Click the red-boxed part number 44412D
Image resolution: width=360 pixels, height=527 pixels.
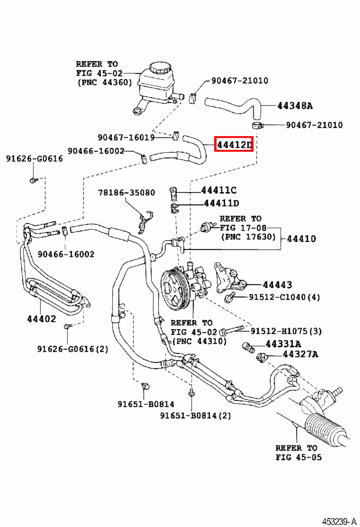click(x=234, y=144)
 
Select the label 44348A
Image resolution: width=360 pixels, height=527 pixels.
click(x=295, y=106)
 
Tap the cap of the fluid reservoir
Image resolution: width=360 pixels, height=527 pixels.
click(x=161, y=68)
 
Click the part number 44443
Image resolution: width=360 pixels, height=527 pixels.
click(x=277, y=285)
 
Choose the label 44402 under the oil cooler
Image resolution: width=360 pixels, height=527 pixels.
click(x=41, y=319)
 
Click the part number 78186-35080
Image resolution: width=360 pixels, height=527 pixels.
click(x=126, y=192)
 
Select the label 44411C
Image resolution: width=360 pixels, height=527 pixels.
click(x=219, y=190)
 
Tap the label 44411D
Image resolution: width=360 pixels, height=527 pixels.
click(x=221, y=203)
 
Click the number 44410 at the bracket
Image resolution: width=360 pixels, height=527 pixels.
click(x=301, y=238)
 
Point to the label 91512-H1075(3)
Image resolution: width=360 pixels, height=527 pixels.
click(x=286, y=331)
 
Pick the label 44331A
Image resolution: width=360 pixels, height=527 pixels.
click(x=283, y=344)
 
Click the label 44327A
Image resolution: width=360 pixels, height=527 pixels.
click(x=300, y=354)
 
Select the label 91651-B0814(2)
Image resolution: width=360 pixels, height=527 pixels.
click(x=195, y=416)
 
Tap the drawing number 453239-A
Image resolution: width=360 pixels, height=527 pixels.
click(x=339, y=522)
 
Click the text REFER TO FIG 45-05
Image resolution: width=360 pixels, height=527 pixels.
click(x=298, y=453)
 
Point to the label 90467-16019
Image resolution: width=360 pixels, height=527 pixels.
click(x=126, y=137)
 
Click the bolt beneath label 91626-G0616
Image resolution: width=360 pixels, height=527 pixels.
click(x=33, y=180)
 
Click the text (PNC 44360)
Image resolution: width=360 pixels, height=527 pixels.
click(x=105, y=82)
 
